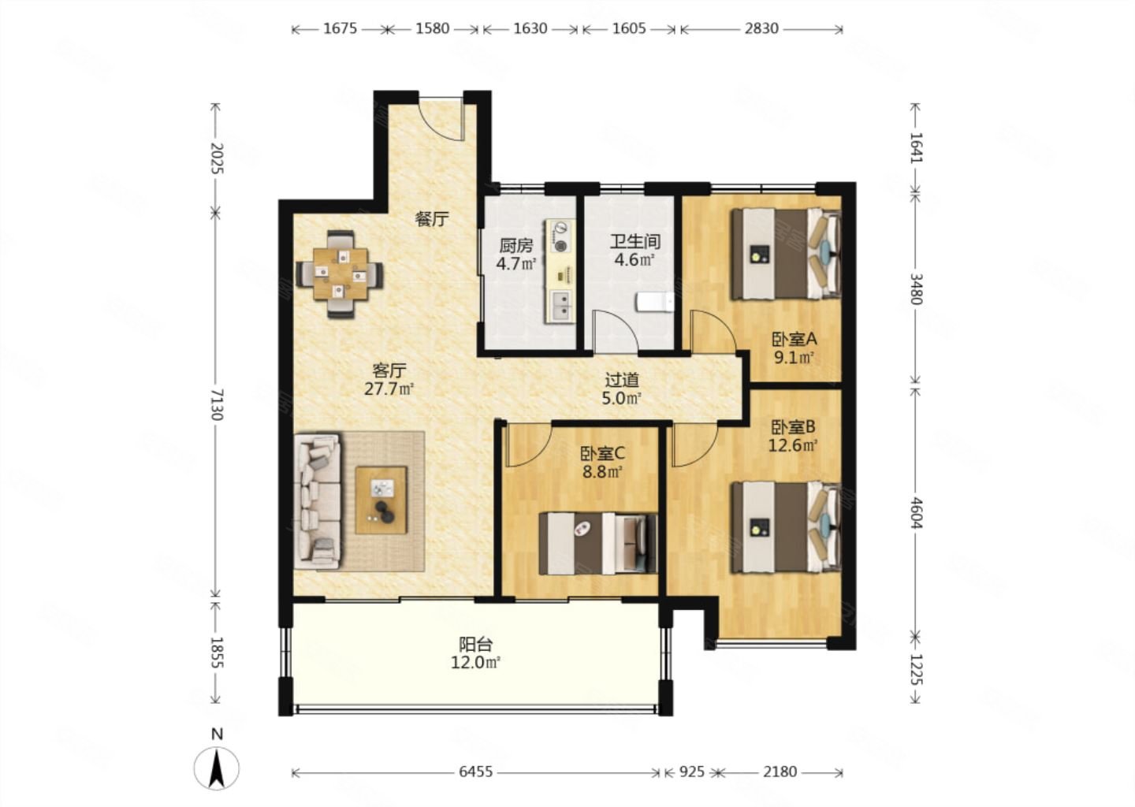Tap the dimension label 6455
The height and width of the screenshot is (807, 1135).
[476, 772]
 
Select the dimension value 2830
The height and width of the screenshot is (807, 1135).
[761, 28]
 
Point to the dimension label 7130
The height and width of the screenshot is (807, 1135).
[217, 404]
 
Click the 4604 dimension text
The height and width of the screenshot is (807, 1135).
[916, 512]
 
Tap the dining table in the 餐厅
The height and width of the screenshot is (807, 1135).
[340, 273]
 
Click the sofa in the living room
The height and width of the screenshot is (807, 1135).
[318, 501]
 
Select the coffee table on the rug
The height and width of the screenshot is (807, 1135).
[381, 500]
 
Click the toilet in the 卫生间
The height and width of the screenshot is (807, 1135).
[656, 302]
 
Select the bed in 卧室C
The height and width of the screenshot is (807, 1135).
[598, 544]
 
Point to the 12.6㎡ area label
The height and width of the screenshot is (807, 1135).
[793, 445]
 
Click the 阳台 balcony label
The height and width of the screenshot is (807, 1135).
[476, 644]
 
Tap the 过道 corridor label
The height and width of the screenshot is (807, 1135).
[622, 379]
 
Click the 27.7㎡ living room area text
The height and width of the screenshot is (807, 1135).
[389, 389]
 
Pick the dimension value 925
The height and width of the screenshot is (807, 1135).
[692, 772]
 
